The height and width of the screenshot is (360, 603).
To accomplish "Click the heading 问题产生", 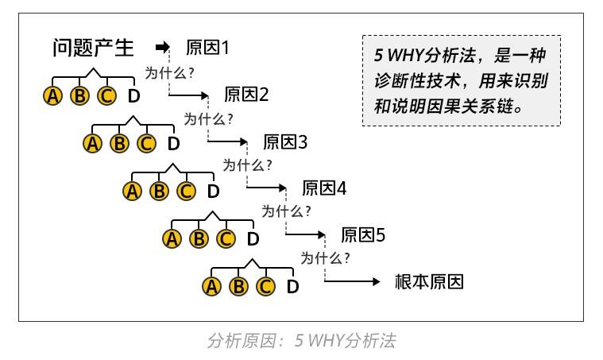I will tap(93, 48).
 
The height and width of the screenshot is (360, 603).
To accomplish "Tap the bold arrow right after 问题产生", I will tap(163, 48).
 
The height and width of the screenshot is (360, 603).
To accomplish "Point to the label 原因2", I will tap(247, 95).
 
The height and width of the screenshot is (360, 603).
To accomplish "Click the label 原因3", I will tap(285, 142).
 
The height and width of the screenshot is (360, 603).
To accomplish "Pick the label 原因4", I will tap(324, 189).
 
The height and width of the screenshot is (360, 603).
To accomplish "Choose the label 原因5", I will tap(363, 236).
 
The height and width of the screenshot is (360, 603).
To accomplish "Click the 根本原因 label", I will tap(428, 282).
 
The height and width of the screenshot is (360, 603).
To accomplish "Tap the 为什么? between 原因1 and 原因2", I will tap(170, 72).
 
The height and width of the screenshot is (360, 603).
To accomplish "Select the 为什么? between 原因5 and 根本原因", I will tap(326, 259).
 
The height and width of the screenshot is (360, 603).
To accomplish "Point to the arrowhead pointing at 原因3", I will tap(243, 142).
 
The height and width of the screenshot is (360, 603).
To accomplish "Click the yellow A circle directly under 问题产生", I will tap(53, 96).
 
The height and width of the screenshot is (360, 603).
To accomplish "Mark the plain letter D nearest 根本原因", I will tap(292, 286).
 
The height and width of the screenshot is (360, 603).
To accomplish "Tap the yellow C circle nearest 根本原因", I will tap(265, 286).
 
